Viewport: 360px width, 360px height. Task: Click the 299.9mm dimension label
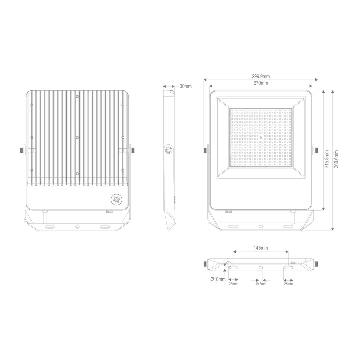coord(261,76)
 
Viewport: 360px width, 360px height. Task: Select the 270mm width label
coord(261,83)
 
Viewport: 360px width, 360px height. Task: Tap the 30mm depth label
coord(186,86)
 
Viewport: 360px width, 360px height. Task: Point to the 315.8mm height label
coord(327,159)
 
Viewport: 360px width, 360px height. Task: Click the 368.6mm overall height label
coord(336,159)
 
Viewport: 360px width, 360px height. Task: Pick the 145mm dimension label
coord(261,248)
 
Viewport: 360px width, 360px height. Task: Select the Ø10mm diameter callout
coord(218,279)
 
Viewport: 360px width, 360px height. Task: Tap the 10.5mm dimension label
coord(261,284)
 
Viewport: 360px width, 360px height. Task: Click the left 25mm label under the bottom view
coord(233,284)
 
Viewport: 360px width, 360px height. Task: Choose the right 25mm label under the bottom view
coord(288,284)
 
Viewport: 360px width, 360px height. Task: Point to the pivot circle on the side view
coord(169,150)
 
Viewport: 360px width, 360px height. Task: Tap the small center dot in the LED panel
coord(261,137)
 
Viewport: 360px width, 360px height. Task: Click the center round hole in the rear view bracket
coord(77,227)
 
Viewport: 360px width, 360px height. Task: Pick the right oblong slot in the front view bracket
coord(288,227)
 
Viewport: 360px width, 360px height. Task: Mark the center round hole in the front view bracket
coord(261,227)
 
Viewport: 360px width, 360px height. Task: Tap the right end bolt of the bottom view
coord(316,264)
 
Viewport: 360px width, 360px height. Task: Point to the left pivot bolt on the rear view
coord(22,150)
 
